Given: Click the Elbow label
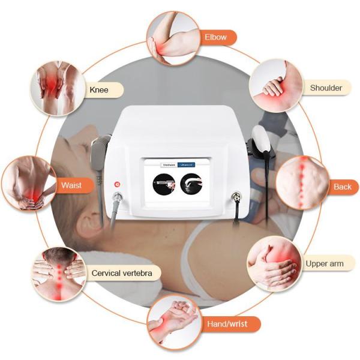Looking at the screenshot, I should (215, 37).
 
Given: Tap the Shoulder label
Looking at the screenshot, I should (326, 88).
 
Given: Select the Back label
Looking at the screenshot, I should (342, 187).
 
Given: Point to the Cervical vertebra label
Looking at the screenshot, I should (126, 274).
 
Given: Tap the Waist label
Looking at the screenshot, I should (71, 185).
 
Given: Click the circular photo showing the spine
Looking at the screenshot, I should (303, 183).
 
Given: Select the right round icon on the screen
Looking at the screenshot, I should (191, 182).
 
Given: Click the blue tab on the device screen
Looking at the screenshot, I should (191, 163).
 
